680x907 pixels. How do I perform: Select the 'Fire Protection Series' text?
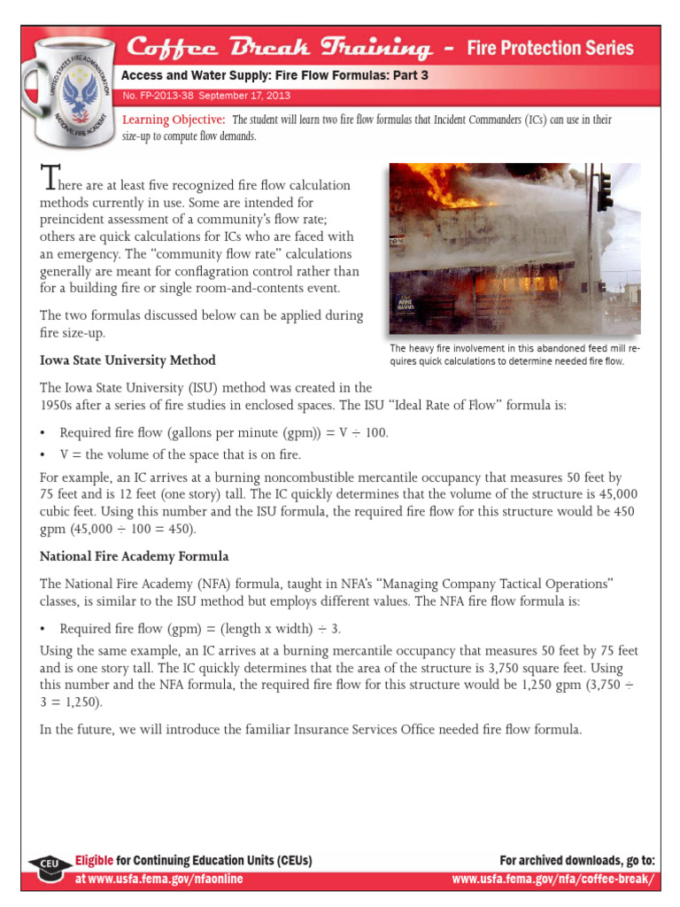coord(550,48)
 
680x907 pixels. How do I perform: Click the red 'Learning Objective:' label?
coord(174,120)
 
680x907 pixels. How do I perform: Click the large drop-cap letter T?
coord(49,181)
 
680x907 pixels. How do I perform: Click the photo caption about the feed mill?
coord(514,355)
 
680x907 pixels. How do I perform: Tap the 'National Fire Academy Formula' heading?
coord(135,556)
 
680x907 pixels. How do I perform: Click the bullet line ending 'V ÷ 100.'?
coord(223,432)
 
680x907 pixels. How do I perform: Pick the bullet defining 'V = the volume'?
coord(181,454)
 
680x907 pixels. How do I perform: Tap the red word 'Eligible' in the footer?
coord(95,860)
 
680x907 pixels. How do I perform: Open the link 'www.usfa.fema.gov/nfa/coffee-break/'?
coord(553,879)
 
